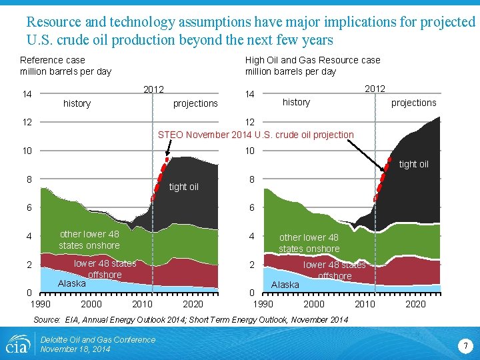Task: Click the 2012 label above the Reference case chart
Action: (154, 89)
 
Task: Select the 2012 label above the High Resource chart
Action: (375, 89)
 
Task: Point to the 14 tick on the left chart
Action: (27, 95)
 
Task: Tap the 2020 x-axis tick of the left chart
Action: (193, 304)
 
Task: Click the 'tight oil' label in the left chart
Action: (183, 187)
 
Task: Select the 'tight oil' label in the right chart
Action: (413, 164)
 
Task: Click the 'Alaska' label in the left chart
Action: (71, 283)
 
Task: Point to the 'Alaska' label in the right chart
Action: (285, 285)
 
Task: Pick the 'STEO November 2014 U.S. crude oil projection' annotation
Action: (255, 135)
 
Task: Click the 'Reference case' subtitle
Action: (53, 60)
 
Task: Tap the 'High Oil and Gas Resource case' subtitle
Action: (313, 60)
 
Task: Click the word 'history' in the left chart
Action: (77, 103)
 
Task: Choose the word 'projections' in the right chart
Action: (413, 103)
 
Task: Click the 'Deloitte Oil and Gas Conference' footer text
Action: (97, 340)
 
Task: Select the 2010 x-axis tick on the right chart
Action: (365, 304)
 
